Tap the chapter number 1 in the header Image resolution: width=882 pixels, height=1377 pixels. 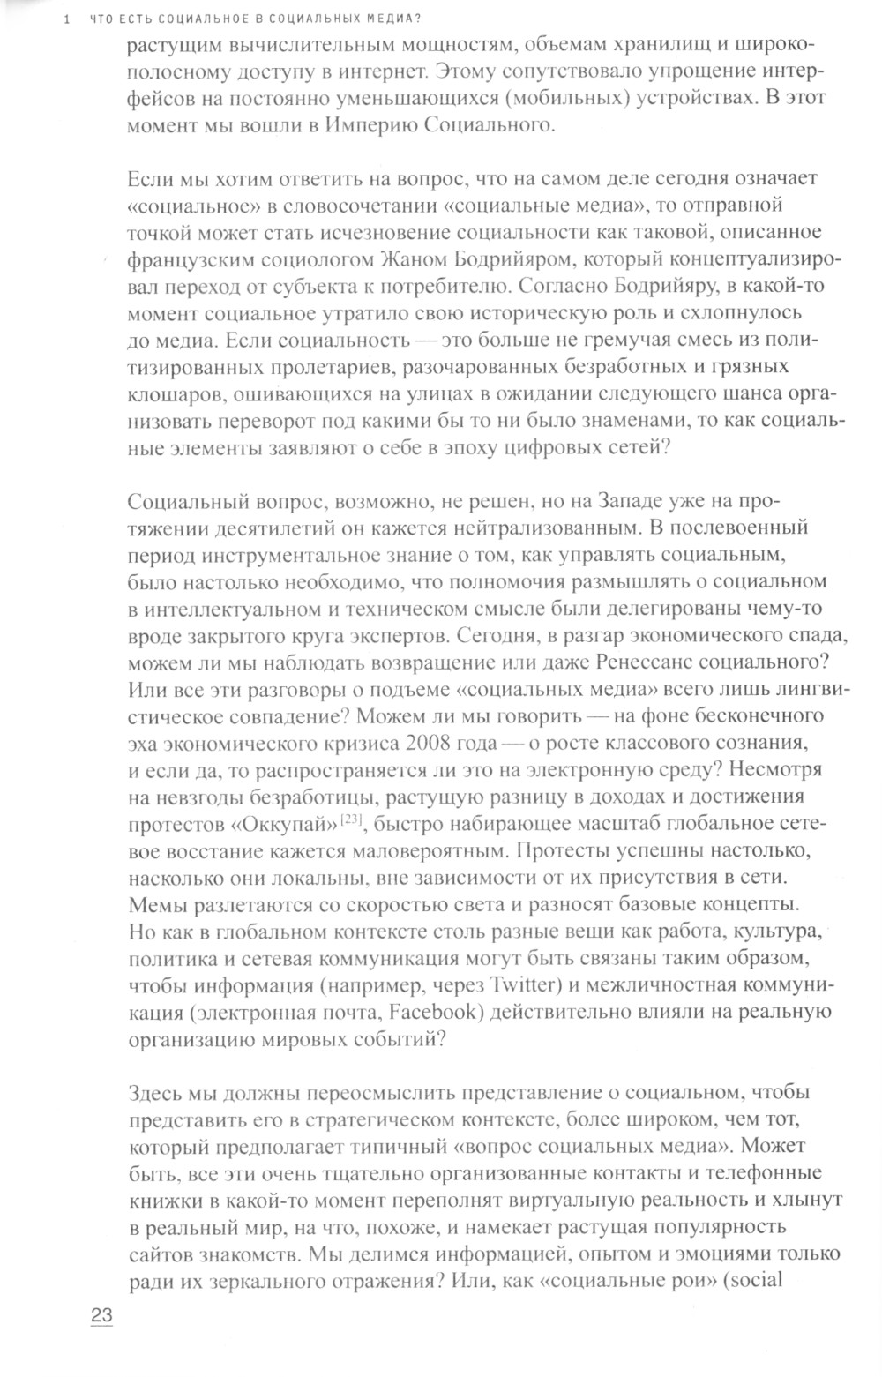(56, 21)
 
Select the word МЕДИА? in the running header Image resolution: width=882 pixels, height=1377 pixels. (392, 21)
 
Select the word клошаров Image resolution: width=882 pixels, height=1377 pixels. (169, 393)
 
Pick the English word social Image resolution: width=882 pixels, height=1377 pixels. (760, 1278)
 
